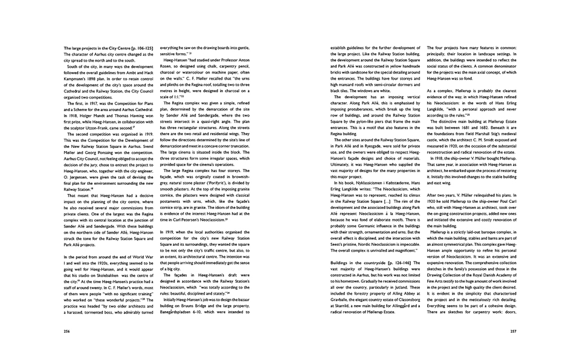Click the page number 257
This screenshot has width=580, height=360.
click(x=513, y=332)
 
